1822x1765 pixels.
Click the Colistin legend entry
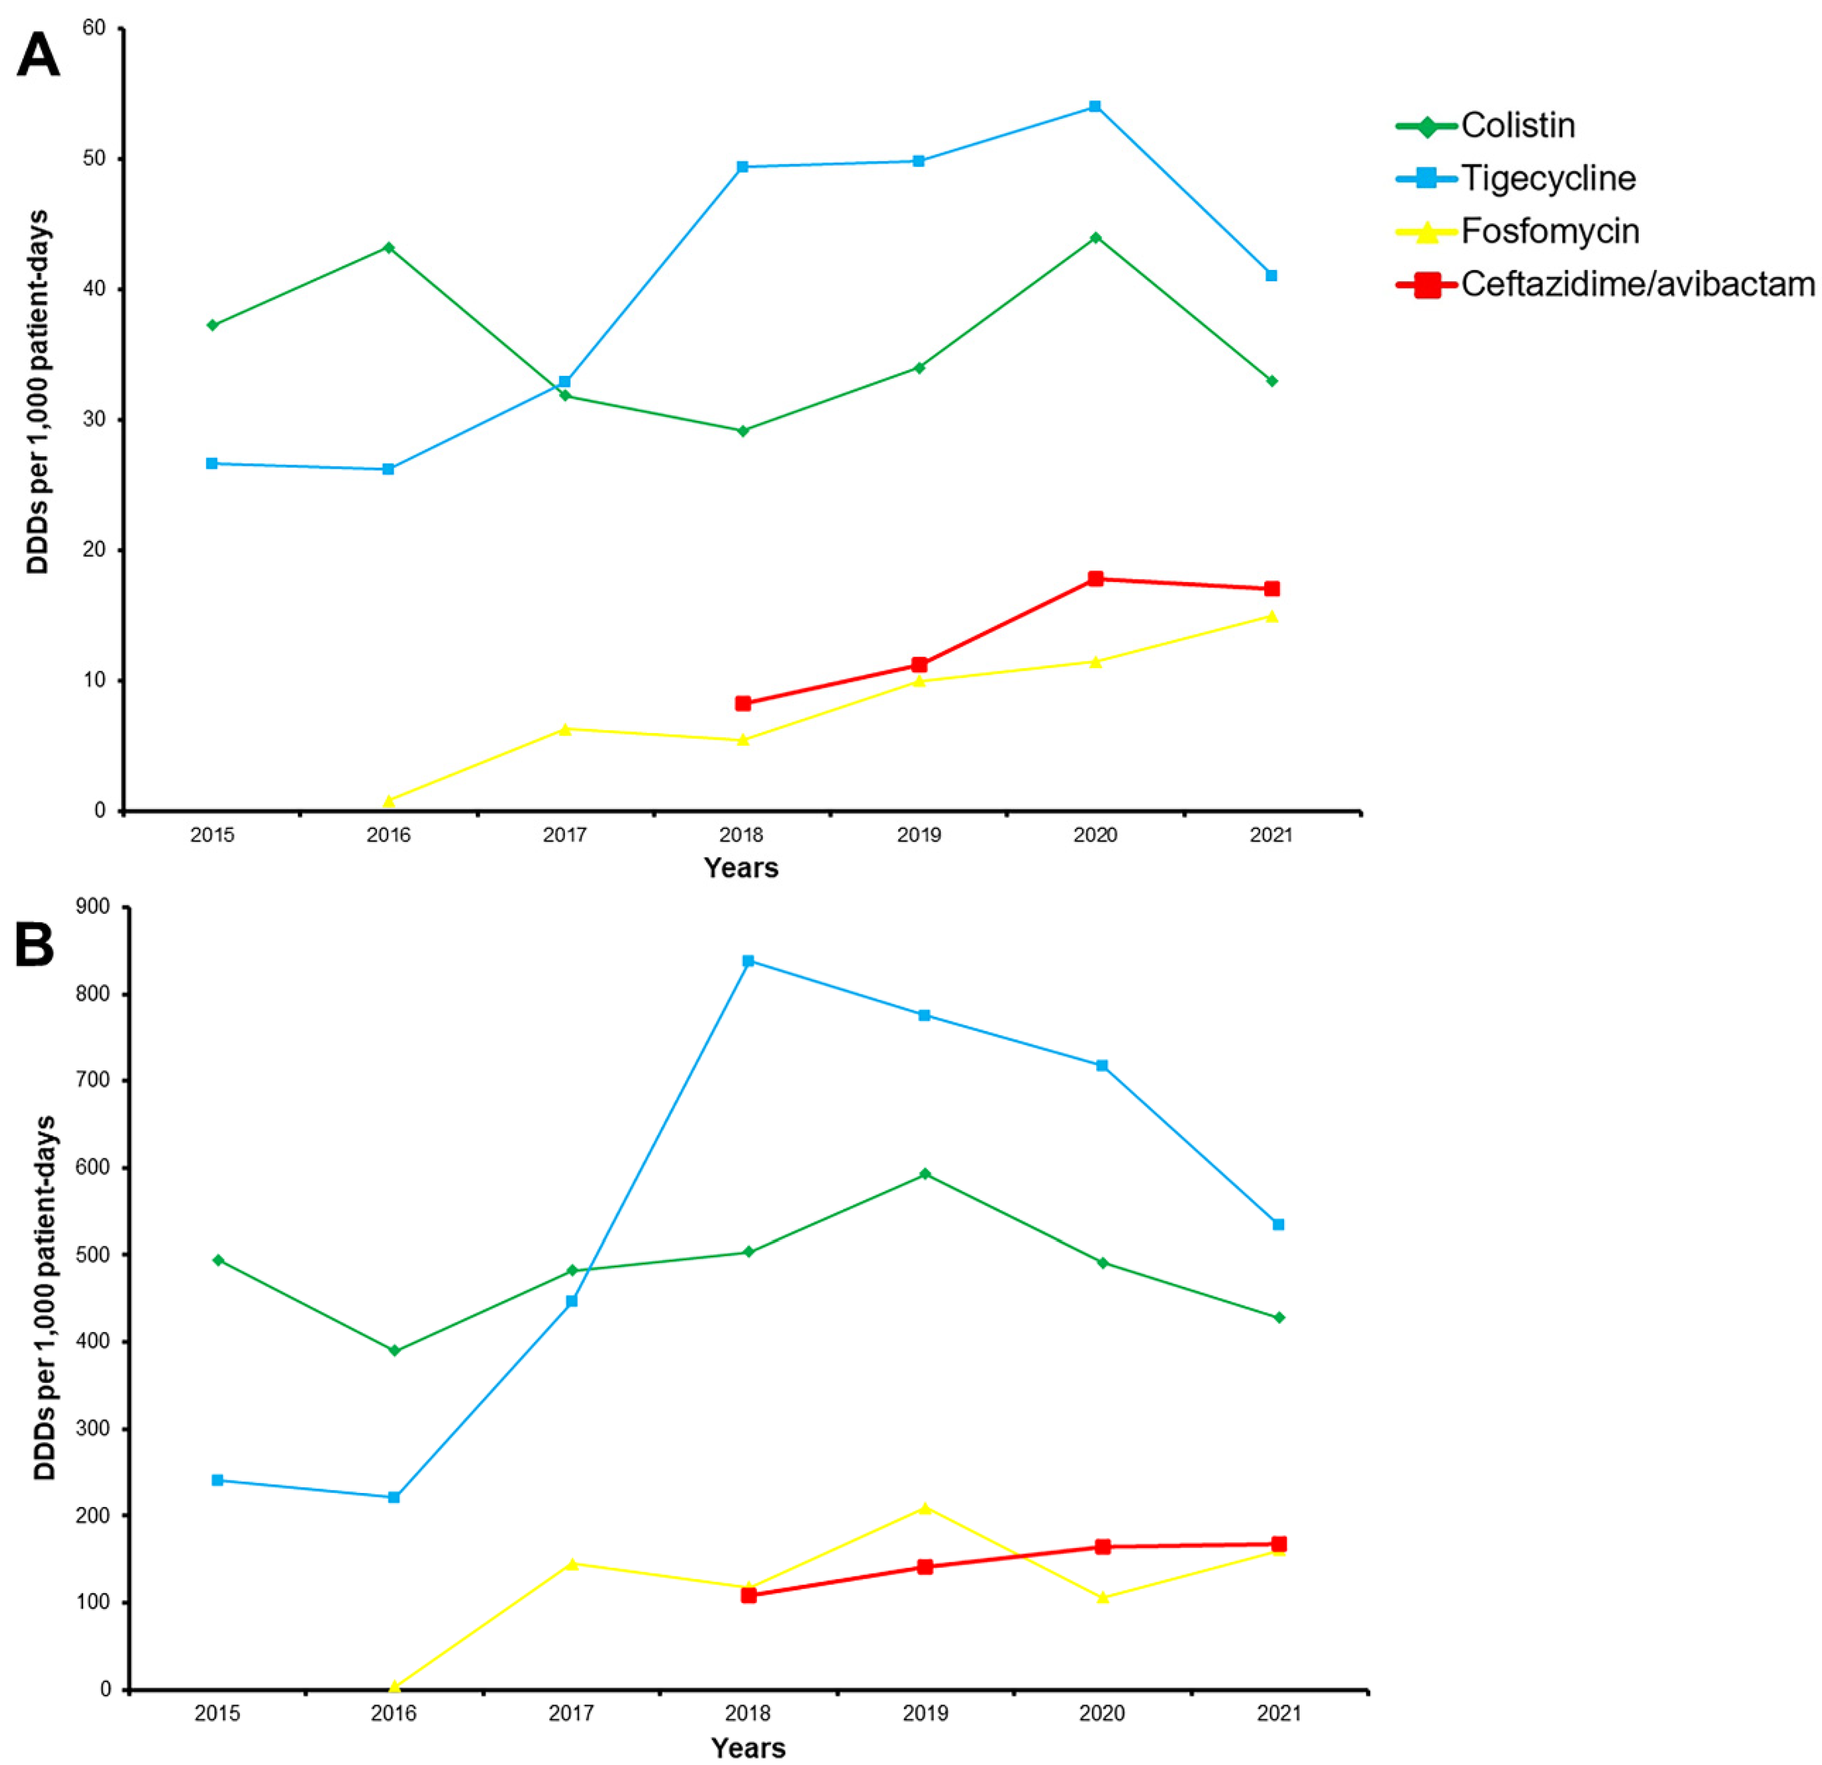[1517, 126]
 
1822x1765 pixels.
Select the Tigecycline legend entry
[1548, 179]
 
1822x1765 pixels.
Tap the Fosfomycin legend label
[1549, 232]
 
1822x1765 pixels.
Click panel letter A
[38, 56]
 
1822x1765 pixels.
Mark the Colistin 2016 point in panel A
[388, 247]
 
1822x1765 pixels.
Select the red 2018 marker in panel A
[743, 703]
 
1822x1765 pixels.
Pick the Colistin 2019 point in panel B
[925, 1174]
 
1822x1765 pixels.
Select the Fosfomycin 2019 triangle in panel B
[925, 1508]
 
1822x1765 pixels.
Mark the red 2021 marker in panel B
[1278, 1544]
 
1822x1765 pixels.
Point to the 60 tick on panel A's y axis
[94, 29]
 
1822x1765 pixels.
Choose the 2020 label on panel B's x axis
[1102, 1712]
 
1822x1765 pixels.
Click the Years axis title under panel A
[741, 868]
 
